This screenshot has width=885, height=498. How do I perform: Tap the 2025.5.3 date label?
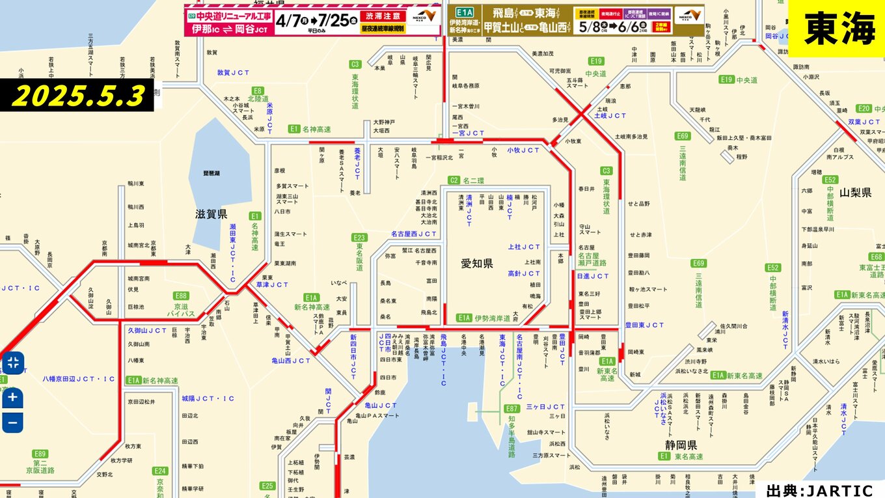(x=78, y=96)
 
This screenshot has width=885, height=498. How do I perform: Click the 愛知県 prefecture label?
(x=477, y=263)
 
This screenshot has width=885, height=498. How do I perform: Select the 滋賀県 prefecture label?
(x=211, y=214)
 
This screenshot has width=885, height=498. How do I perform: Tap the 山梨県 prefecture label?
(x=855, y=193)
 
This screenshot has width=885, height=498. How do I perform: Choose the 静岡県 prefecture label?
(x=681, y=445)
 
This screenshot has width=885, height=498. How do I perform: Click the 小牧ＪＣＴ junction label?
(x=524, y=150)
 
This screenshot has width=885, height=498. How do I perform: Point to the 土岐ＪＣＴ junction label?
(x=610, y=115)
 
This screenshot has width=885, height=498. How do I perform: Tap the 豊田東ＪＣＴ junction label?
(x=644, y=325)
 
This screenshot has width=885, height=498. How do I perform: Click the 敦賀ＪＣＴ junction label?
(x=234, y=73)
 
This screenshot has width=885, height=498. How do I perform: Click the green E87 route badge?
(x=511, y=408)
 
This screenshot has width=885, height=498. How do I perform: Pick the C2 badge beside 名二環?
(x=454, y=180)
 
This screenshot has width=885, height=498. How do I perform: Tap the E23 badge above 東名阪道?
(x=359, y=238)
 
